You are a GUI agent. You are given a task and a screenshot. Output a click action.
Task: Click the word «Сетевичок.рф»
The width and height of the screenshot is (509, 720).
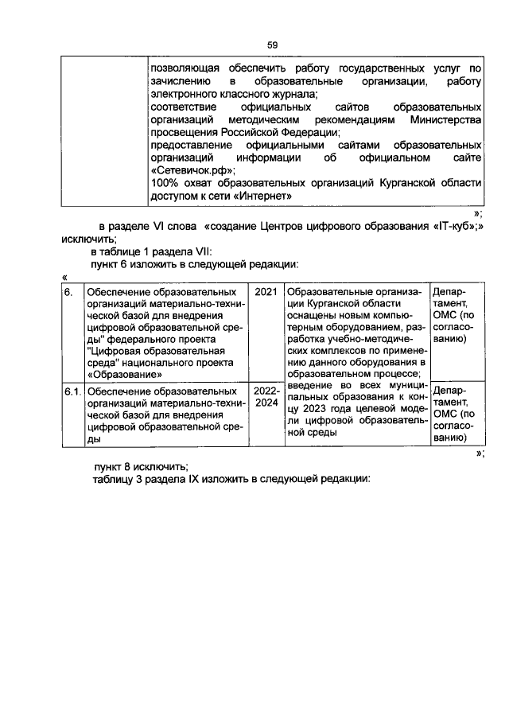[192, 169]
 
